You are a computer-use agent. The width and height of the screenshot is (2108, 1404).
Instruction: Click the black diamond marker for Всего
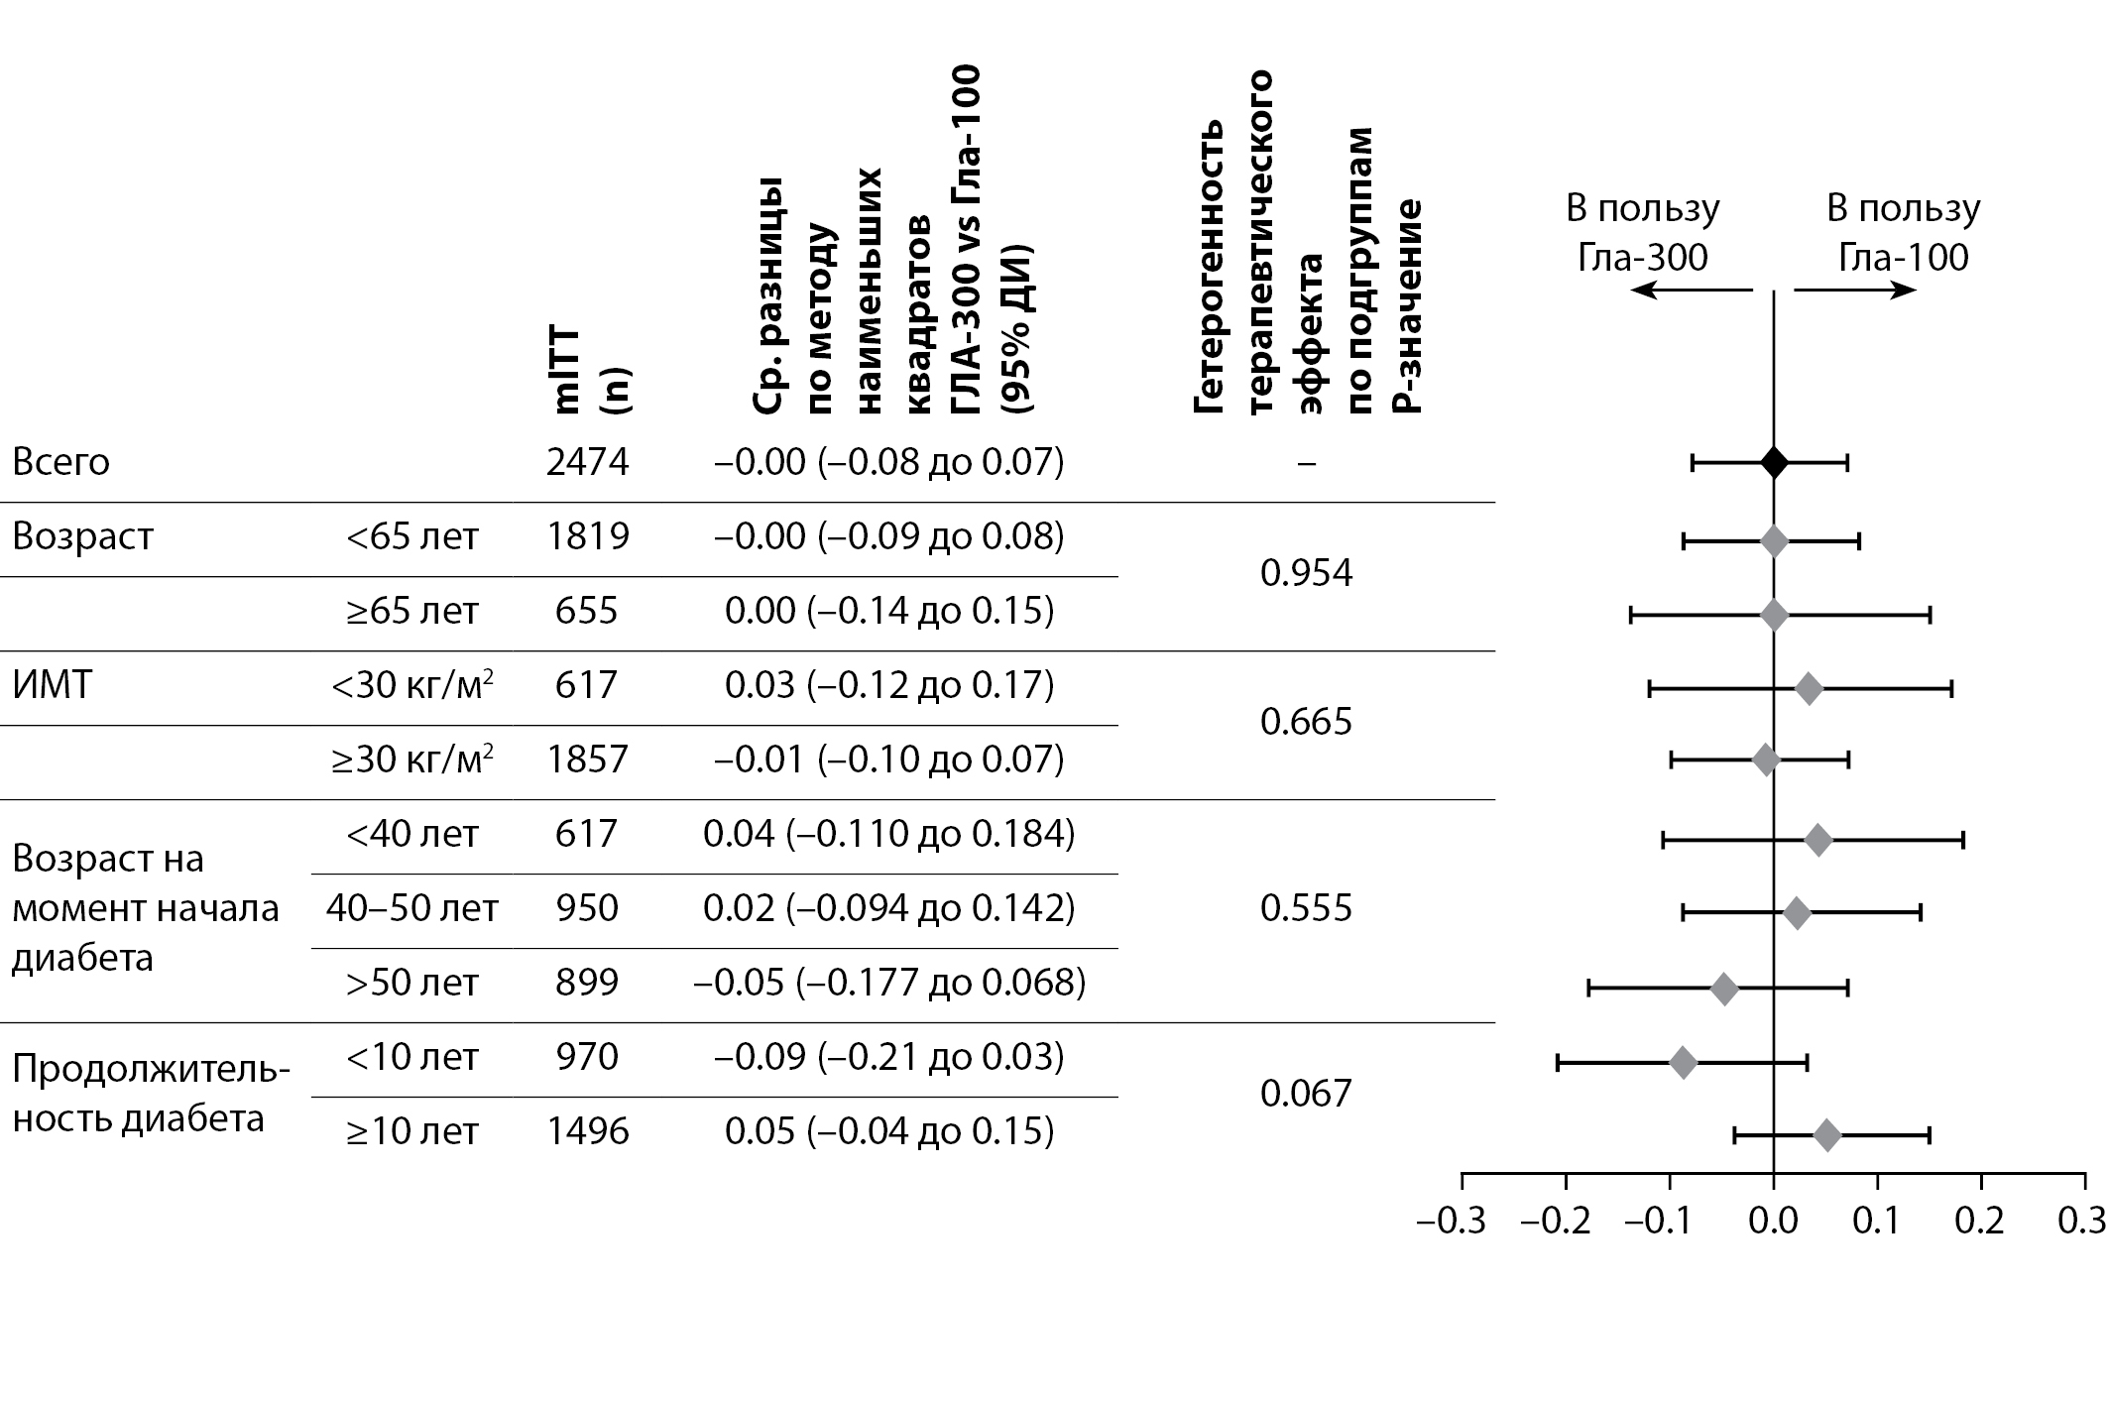pyautogui.click(x=1774, y=462)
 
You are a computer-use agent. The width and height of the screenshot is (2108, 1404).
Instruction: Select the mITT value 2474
pyautogui.click(x=587, y=462)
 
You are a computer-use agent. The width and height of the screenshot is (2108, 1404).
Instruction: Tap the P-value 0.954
pyautogui.click(x=1306, y=573)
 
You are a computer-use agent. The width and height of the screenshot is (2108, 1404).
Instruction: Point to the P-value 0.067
pyautogui.click(x=1306, y=1094)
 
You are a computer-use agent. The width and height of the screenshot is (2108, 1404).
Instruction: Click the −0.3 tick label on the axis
pyautogui.click(x=1452, y=1221)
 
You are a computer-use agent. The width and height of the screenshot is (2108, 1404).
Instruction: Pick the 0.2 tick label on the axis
pyautogui.click(x=1979, y=1221)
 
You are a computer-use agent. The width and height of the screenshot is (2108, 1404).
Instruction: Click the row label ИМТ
pyautogui.click(x=52, y=685)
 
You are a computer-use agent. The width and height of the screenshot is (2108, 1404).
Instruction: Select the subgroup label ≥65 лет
pyautogui.click(x=412, y=611)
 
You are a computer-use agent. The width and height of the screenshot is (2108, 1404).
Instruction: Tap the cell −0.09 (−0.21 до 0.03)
pyautogui.click(x=888, y=1057)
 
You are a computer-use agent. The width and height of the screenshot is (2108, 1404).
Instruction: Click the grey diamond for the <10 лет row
pyautogui.click(x=1684, y=1063)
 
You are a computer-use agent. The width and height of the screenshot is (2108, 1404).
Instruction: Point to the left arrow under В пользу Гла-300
pyautogui.click(x=1692, y=290)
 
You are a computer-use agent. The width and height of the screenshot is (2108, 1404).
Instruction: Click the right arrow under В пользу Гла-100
pyautogui.click(x=1854, y=290)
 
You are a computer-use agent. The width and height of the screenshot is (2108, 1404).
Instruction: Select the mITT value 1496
pyautogui.click(x=587, y=1131)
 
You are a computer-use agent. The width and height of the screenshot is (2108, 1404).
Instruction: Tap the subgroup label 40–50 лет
pyautogui.click(x=412, y=908)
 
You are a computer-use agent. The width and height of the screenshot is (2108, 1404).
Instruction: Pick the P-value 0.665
pyautogui.click(x=1306, y=722)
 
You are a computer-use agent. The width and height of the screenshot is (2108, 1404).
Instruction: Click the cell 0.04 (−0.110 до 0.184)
pyautogui.click(x=888, y=834)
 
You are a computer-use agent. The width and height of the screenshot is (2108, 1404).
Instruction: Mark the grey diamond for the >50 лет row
pyautogui.click(x=1724, y=989)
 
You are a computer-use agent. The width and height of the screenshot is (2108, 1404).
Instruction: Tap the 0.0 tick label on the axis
pyautogui.click(x=1773, y=1221)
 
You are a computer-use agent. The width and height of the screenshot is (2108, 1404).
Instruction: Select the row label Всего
pyautogui.click(x=60, y=462)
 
